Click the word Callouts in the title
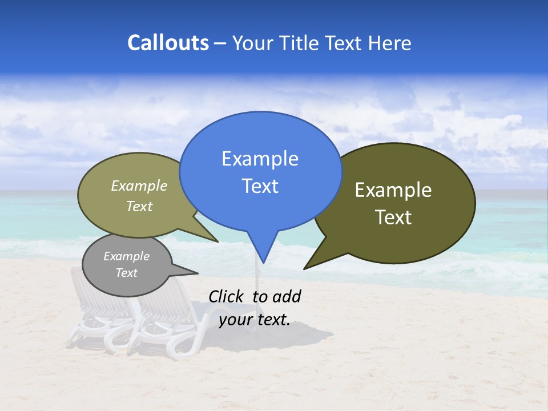168,43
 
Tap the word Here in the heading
390,43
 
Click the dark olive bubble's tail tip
304,268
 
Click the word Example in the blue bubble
260,159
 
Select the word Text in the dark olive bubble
393,217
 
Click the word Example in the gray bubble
126,256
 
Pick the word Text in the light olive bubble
139,206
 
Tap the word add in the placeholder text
286,296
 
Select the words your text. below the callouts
254,320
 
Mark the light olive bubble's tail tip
217,241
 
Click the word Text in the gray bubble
126,273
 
